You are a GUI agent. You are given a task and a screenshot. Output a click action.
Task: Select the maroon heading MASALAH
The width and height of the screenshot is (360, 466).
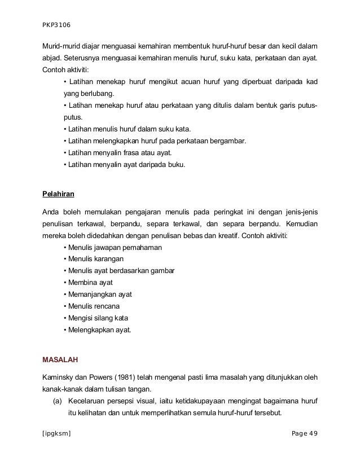(x=61, y=358)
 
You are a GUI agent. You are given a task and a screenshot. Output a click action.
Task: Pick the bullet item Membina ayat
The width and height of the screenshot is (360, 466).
(x=90, y=283)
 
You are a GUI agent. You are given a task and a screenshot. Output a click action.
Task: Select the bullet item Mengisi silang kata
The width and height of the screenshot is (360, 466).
(x=99, y=318)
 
